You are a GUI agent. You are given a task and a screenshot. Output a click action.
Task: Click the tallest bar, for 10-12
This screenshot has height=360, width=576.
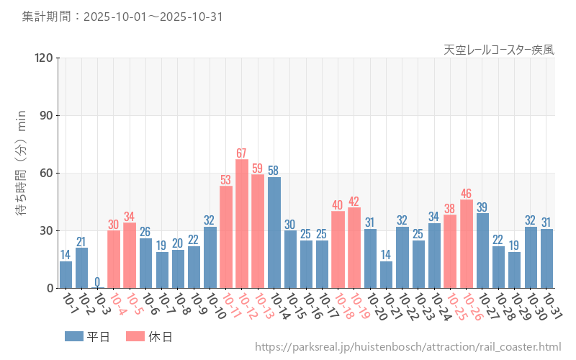click(x=242, y=223)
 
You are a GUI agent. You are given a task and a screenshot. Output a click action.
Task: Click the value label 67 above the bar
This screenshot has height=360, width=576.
click(x=242, y=153)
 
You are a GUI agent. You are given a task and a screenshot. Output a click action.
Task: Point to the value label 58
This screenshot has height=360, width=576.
click(x=274, y=171)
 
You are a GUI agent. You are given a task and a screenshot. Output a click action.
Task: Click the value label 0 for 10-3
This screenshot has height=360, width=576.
click(x=97, y=282)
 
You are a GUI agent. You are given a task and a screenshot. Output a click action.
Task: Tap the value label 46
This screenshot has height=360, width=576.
click(x=467, y=194)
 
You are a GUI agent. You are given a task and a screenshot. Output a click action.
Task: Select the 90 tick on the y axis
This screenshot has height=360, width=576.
click(x=44, y=116)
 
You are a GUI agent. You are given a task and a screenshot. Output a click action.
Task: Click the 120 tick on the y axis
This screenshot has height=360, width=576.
click(x=42, y=58)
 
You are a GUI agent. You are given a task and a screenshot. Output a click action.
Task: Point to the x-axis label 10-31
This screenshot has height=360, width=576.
click(x=552, y=305)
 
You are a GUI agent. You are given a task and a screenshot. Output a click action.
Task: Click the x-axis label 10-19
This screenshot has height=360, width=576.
click(x=359, y=305)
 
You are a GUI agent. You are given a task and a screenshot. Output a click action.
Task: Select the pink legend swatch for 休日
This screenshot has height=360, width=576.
click(x=135, y=336)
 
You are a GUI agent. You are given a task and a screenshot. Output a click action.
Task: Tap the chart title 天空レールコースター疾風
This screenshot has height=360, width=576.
click(x=499, y=50)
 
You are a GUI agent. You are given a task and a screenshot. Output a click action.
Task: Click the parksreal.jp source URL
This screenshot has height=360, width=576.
click(x=408, y=347)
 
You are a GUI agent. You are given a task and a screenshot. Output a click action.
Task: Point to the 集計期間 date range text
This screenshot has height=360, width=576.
click(x=121, y=16)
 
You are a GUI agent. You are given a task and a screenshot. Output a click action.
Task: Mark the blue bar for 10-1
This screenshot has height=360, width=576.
click(x=66, y=274)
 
